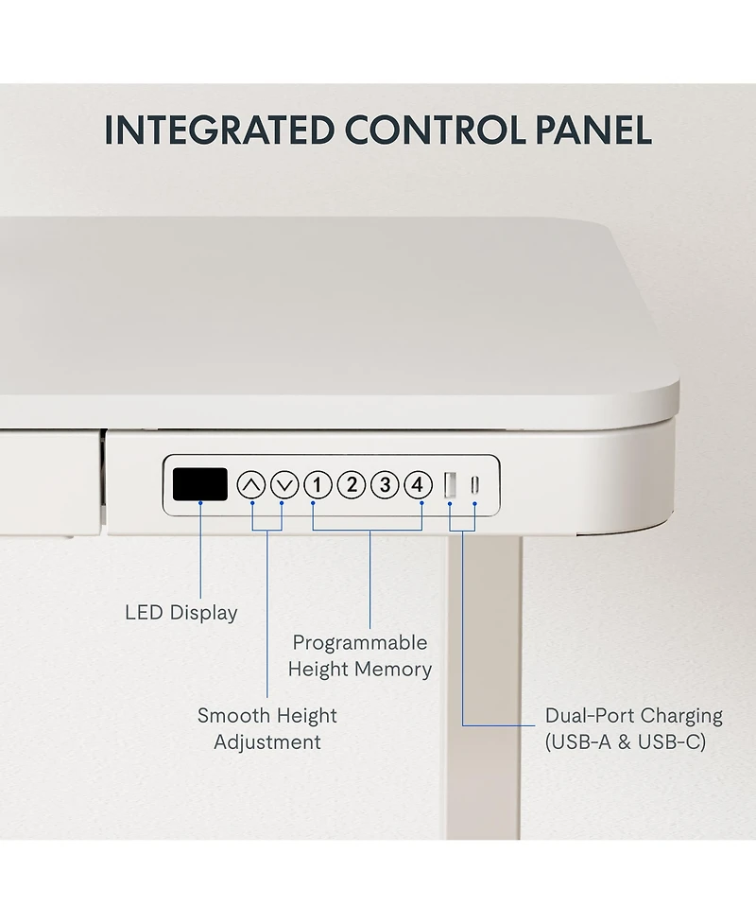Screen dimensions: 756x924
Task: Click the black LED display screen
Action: (199, 484)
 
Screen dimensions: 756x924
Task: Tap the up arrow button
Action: (251, 485)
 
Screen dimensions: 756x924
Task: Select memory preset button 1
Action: (318, 485)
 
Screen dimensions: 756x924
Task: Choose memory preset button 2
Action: (352, 485)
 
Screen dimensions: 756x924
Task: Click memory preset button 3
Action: (385, 485)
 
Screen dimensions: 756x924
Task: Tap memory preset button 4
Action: (418, 485)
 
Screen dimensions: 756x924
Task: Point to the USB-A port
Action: (450, 485)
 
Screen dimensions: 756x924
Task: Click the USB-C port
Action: (475, 485)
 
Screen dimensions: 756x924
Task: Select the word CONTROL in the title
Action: (435, 131)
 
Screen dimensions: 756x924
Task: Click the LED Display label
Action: (181, 613)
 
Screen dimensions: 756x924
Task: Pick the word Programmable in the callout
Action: (360, 642)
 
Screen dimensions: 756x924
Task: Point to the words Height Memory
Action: (360, 670)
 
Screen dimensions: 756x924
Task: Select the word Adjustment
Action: (267, 741)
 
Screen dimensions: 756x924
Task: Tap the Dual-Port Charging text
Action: (633, 715)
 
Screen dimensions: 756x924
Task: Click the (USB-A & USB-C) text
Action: (626, 741)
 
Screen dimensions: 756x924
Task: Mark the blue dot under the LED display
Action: (200, 502)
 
